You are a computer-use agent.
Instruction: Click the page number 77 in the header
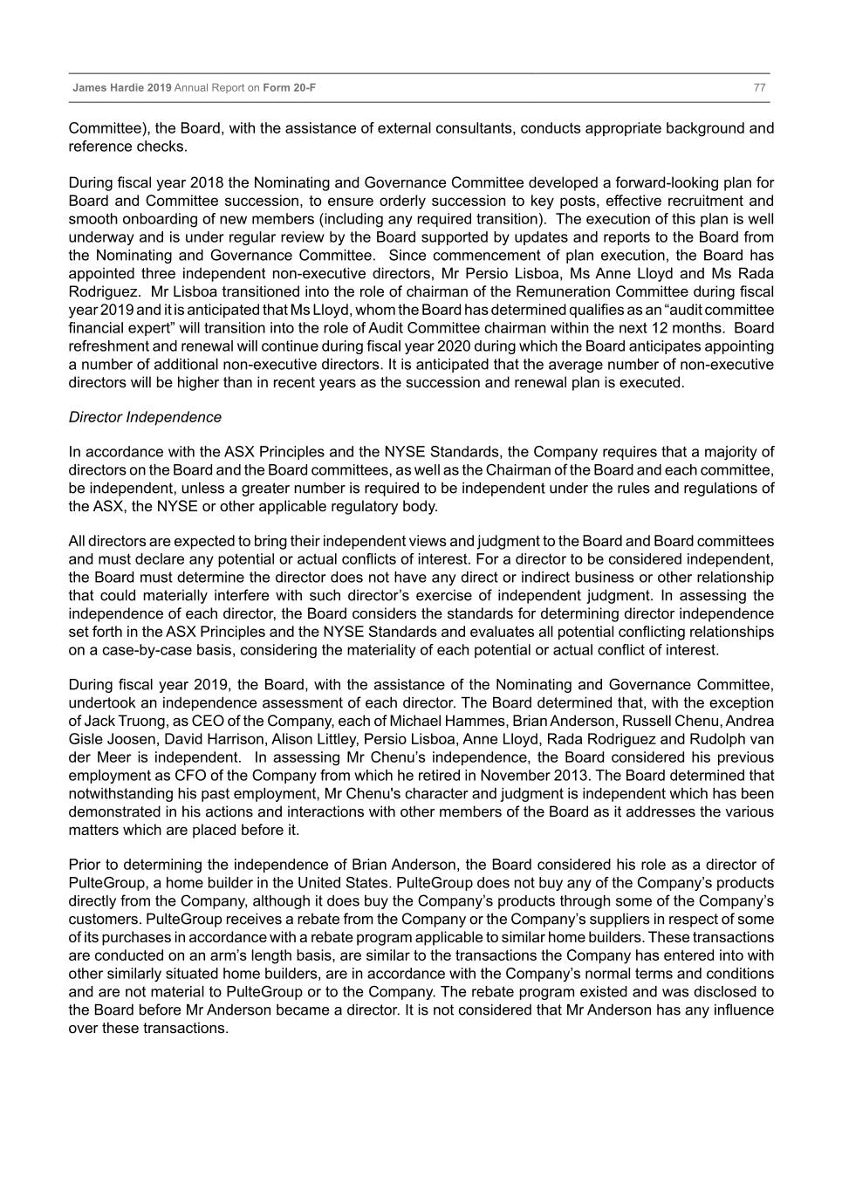(759, 88)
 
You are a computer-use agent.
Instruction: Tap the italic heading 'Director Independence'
(145, 417)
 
